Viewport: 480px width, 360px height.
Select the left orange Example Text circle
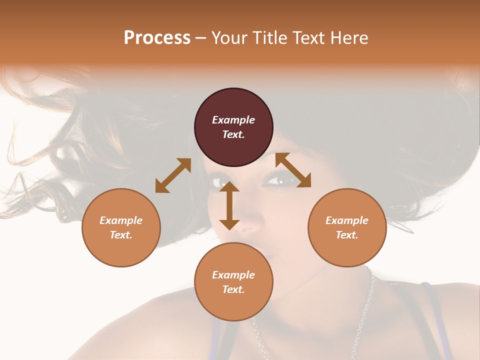pyautogui.click(x=121, y=227)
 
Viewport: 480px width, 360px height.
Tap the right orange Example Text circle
pyautogui.click(x=347, y=227)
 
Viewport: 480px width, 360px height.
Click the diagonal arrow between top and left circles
pyautogui.click(x=173, y=175)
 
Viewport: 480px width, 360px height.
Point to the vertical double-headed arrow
pyautogui.click(x=229, y=205)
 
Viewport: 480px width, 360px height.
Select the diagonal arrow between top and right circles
pyautogui.click(x=293, y=170)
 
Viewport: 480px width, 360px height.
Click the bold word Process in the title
pyautogui.click(x=157, y=37)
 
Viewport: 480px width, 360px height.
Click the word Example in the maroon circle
pyautogui.click(x=233, y=120)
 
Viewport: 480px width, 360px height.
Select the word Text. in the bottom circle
pyautogui.click(x=233, y=289)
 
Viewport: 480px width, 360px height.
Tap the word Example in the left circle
pyautogui.click(x=121, y=220)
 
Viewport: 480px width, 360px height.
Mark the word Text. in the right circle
pyautogui.click(x=347, y=235)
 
